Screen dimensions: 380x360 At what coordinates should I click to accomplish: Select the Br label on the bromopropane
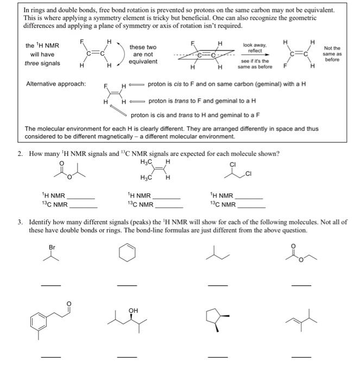[52, 247]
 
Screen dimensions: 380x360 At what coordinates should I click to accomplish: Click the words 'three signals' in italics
[43, 64]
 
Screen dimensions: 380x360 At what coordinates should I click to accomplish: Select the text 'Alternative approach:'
[56, 84]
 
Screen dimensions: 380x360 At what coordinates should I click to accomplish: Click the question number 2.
[20, 154]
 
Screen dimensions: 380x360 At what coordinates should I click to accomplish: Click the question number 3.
[20, 223]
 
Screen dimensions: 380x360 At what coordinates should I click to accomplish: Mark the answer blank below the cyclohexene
[128, 286]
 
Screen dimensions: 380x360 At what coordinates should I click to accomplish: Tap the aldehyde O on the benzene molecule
[68, 303]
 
